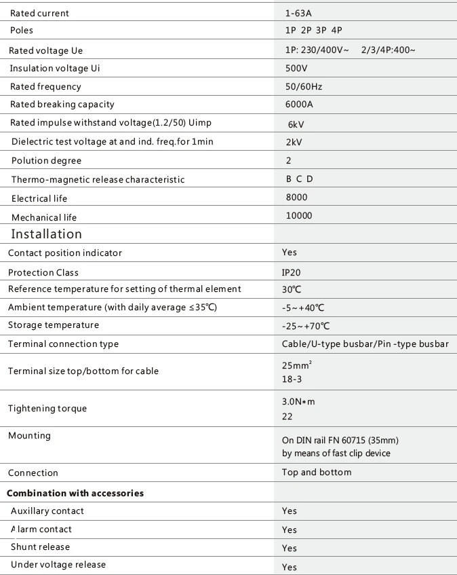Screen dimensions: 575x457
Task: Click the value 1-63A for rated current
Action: (298, 13)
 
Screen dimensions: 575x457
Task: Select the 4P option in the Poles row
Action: (337, 31)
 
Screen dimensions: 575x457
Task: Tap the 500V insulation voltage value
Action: (296, 69)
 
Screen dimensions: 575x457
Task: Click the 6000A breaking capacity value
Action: (299, 105)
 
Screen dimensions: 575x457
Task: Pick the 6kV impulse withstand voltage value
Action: (296, 125)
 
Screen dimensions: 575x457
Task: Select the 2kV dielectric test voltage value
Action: (294, 143)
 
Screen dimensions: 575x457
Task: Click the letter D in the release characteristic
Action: (310, 179)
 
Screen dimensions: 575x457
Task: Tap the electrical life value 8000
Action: (296, 198)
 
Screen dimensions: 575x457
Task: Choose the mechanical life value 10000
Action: (299, 216)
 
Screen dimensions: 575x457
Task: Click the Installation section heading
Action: (46, 234)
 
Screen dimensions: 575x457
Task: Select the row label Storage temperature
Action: (54, 325)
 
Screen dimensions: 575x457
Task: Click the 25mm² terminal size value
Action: (296, 365)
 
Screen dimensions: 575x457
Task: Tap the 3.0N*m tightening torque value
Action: (298, 401)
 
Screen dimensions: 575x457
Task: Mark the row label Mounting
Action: (29, 435)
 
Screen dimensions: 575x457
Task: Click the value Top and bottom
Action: (317, 472)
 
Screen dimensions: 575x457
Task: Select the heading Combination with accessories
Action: (75, 493)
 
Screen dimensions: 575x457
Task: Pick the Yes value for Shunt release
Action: (290, 548)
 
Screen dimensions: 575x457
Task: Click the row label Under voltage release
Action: (58, 565)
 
